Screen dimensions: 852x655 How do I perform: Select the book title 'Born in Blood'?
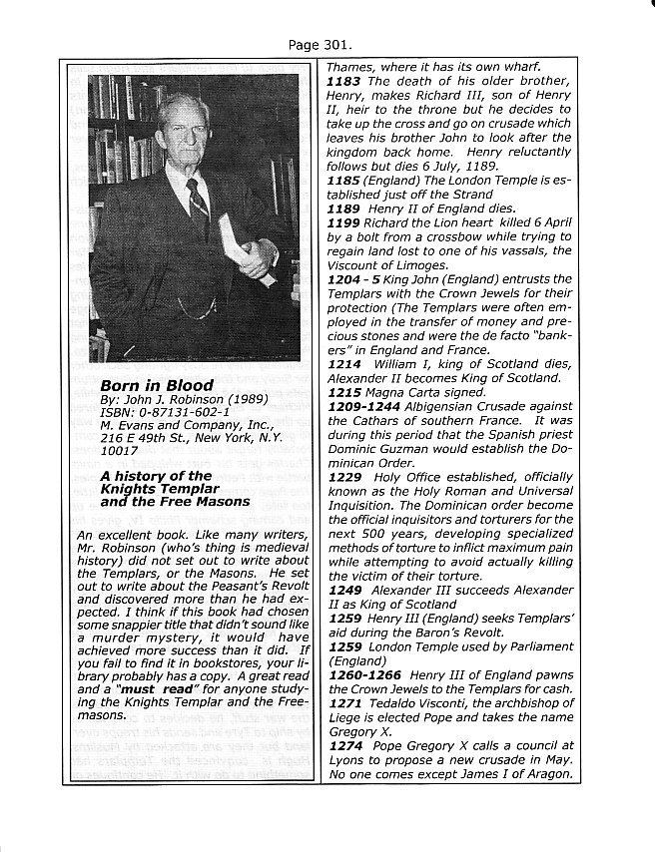[x=156, y=385]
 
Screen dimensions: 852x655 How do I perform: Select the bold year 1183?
[x=344, y=81]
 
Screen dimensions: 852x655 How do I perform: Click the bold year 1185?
[x=344, y=180]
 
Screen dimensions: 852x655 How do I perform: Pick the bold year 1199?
[x=344, y=222]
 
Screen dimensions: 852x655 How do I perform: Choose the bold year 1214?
[x=344, y=365]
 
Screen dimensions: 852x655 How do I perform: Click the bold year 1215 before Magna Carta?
[x=344, y=393]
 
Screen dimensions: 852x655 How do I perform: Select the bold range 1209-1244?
[x=365, y=408]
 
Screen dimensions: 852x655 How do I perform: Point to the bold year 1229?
[x=344, y=478]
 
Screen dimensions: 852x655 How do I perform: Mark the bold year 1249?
[x=344, y=590]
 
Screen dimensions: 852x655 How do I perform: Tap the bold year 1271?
[x=344, y=702]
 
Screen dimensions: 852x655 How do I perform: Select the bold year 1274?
[x=344, y=744]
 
